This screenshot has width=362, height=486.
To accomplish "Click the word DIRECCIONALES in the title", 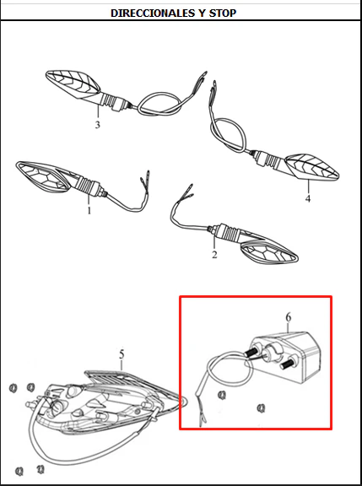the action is tap(153, 13).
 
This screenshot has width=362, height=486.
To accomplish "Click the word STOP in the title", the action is tap(223, 13).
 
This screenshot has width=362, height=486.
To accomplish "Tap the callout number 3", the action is tap(98, 125).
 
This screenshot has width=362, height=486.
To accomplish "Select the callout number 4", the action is tap(308, 198).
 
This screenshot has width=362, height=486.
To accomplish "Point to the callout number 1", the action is tap(89, 211).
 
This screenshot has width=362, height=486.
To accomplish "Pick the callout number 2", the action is tap(214, 255).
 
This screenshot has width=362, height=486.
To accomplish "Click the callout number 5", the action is tap(122, 354).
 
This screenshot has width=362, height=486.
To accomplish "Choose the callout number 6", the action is tap(289, 317).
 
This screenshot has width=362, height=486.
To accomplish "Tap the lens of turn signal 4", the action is tap(311, 167).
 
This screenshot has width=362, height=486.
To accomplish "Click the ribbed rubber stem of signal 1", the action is tap(89, 186).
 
